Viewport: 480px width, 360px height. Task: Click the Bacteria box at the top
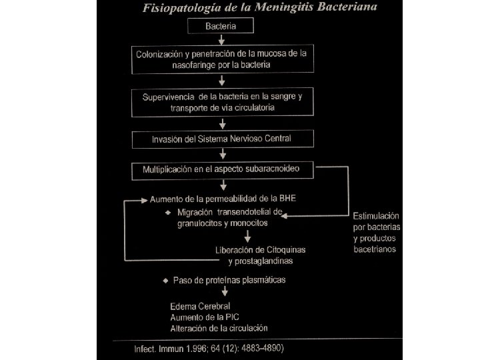[x=221, y=26]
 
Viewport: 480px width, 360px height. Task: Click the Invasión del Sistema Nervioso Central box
[x=222, y=139]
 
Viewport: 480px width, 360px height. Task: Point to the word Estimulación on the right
[x=376, y=216]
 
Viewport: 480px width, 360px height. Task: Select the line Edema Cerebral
[x=200, y=306]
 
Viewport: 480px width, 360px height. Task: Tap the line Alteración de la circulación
[x=219, y=328]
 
